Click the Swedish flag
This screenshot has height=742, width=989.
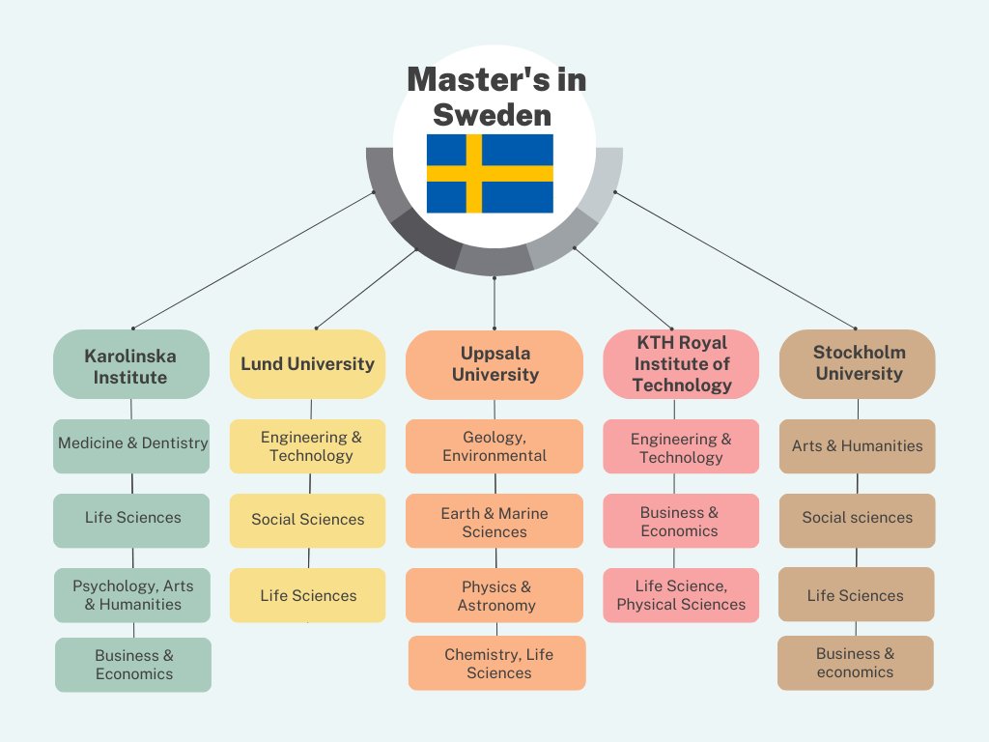point(490,174)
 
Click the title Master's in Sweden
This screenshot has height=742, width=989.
point(494,97)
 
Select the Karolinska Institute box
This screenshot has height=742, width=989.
point(130,365)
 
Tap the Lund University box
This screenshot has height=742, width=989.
point(307,364)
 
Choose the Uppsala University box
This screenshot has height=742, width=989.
point(494,365)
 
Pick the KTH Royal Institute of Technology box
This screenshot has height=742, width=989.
point(681,364)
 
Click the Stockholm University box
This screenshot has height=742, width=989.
point(858,364)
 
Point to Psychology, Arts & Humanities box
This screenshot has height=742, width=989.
point(132,595)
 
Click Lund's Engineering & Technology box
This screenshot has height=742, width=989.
point(307,446)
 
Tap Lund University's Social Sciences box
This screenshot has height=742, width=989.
point(307,520)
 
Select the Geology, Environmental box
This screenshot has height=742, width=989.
point(494,446)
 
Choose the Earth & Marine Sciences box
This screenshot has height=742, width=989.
point(494,522)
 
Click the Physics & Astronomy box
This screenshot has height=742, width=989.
point(494,595)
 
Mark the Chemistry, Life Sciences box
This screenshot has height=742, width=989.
point(497,663)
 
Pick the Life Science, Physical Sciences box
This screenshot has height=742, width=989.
point(681,595)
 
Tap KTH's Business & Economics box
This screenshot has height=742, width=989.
point(681,522)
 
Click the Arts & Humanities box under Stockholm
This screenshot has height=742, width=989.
point(858,446)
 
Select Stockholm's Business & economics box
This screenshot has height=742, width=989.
point(856,663)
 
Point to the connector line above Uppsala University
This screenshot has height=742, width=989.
point(494,304)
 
